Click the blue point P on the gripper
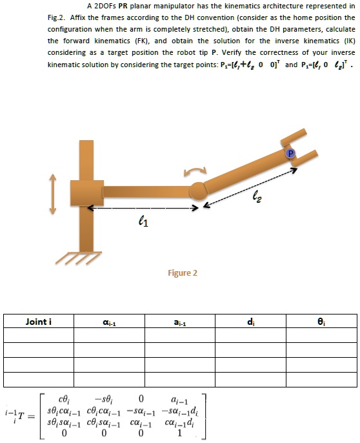(x=290, y=154)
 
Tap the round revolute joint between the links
(x=197, y=191)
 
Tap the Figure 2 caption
(x=182, y=273)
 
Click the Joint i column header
(x=39, y=321)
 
